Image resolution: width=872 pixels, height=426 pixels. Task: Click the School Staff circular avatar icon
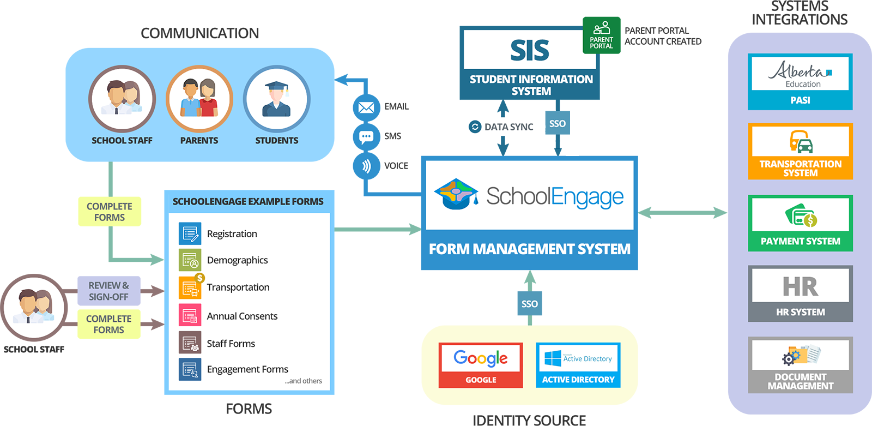click(x=122, y=99)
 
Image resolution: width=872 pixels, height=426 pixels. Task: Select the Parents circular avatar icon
click(x=199, y=99)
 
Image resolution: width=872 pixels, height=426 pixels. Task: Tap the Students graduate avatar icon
click(x=276, y=99)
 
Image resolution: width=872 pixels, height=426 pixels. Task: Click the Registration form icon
click(x=190, y=233)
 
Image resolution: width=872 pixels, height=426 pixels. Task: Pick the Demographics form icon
click(x=190, y=260)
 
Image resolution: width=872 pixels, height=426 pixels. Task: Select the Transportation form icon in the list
click(x=190, y=287)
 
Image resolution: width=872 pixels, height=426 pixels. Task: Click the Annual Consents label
click(x=242, y=316)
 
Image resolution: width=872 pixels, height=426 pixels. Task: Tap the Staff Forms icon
click(x=190, y=343)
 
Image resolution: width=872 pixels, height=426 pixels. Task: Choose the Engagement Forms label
click(x=247, y=369)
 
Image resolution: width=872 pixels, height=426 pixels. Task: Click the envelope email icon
click(x=366, y=107)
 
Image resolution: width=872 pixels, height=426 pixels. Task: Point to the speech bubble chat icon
click(x=366, y=137)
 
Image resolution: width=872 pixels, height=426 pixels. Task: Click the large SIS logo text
click(x=529, y=50)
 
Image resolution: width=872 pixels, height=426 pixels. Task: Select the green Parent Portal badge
click(x=602, y=36)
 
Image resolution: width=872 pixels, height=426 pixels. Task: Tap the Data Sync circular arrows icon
click(x=475, y=127)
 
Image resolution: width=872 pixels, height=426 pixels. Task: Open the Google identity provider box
click(x=481, y=365)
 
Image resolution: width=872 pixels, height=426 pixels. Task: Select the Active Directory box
click(x=578, y=365)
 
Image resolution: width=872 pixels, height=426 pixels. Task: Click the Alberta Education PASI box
click(x=800, y=82)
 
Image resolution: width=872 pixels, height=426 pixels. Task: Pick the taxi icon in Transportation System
click(x=801, y=142)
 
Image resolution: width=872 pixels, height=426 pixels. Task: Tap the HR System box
click(x=800, y=293)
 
